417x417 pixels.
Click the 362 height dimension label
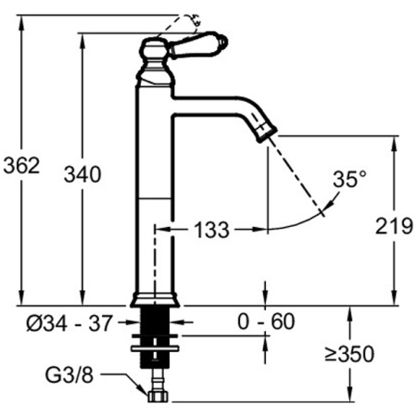22,165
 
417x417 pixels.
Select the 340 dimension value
82,173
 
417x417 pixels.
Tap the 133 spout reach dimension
210,231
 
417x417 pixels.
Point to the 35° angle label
349,179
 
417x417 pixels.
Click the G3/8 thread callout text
69,376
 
